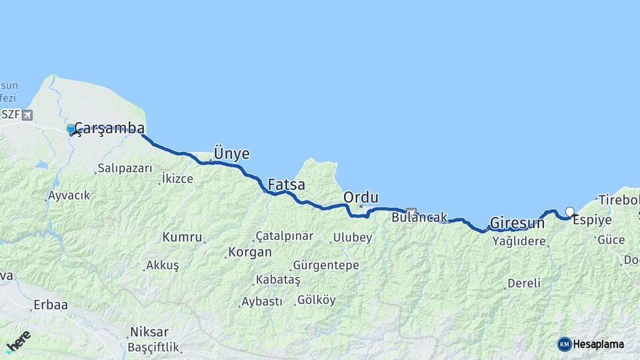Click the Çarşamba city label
pos(109,128)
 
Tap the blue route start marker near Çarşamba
pos(71,129)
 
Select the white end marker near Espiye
pos(569,211)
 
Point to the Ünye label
pos(232,153)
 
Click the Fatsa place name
pos(287,184)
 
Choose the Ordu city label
pos(361,197)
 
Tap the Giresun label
pos(517,223)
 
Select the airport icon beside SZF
pos(27,115)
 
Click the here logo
pos(18,341)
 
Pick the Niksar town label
pos(149,332)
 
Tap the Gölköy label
pos(317,300)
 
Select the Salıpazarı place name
pos(125,168)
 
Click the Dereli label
pos(524,283)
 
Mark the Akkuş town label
pos(163,265)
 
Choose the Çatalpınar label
pos(285,236)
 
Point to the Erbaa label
pos(52,305)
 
